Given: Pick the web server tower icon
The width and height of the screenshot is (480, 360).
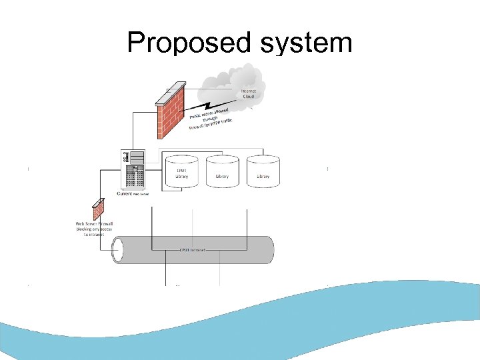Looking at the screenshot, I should click(x=132, y=169).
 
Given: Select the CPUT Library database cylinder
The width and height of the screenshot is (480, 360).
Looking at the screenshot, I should click(x=182, y=171).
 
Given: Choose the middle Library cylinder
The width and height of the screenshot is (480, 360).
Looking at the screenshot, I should click(x=222, y=171).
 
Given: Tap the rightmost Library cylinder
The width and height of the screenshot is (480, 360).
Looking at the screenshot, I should click(x=263, y=171).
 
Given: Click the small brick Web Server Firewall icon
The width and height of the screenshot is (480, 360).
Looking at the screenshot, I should click(x=99, y=210).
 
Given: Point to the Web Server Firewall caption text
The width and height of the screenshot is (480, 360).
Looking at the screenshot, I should click(x=94, y=229).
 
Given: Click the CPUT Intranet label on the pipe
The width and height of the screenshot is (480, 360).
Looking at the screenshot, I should click(x=193, y=250).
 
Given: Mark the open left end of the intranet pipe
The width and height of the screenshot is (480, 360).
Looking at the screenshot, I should click(x=119, y=250).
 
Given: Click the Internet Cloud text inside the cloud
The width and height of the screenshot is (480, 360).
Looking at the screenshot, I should click(x=248, y=93).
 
